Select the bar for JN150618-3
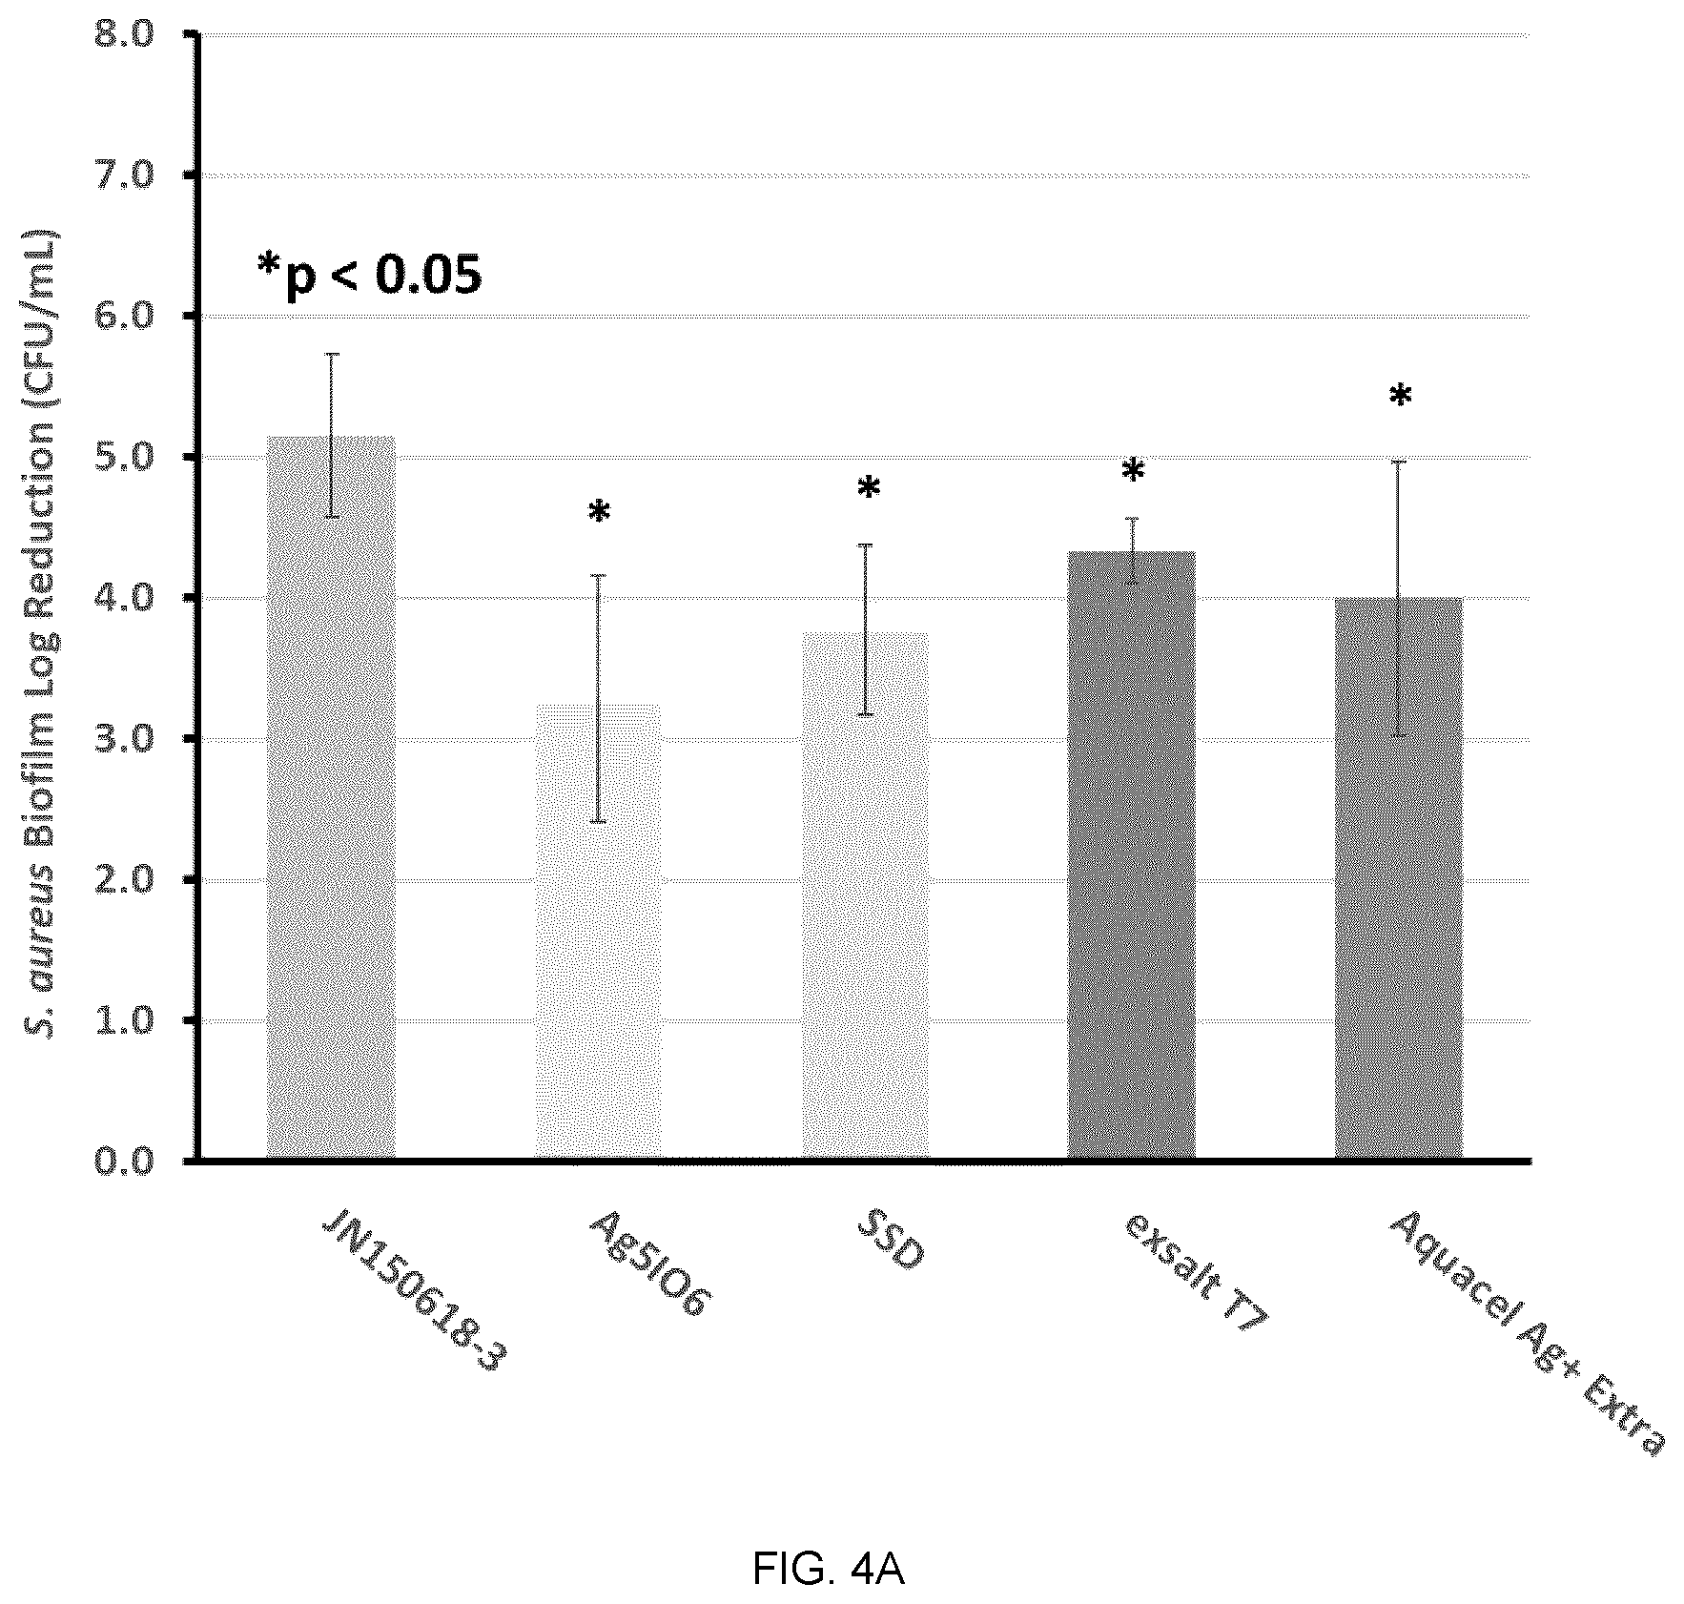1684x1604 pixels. point(331,797)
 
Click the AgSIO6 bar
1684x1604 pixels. point(598,932)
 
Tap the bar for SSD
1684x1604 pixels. point(865,895)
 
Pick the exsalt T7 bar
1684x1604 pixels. point(1132,855)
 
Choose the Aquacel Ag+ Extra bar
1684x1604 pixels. point(1399,878)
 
